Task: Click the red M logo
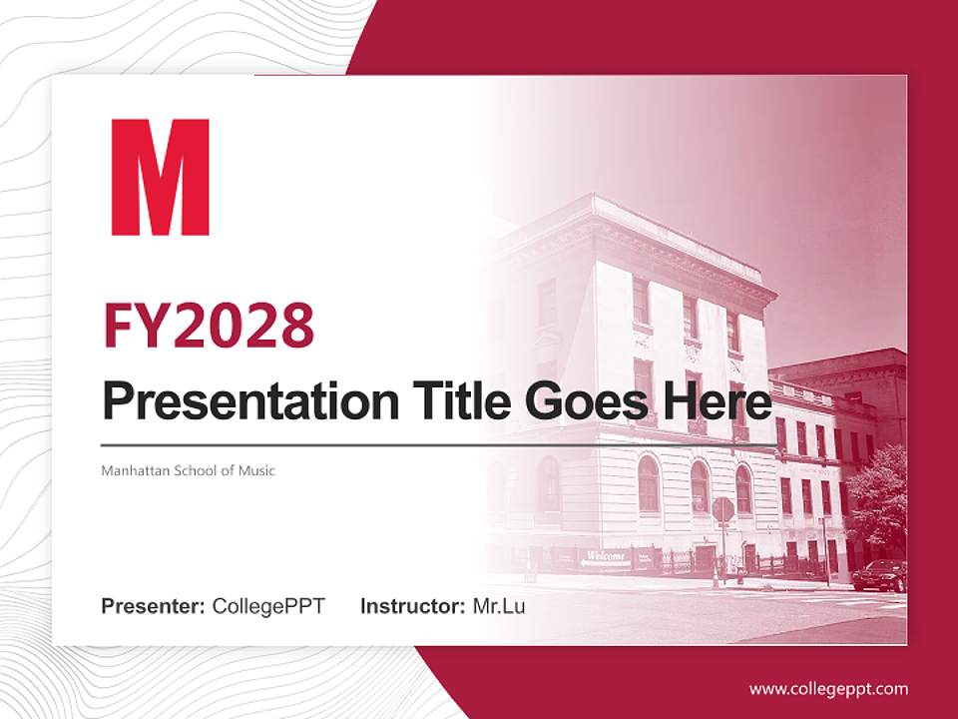tap(160, 177)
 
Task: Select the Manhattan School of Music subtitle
tap(188, 470)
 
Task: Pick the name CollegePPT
tap(268, 606)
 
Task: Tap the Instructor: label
tap(412, 606)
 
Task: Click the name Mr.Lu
tap(498, 606)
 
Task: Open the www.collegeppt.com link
tap(828, 688)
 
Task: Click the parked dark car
tap(879, 575)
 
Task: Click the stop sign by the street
tap(722, 509)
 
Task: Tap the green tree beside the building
tap(878, 494)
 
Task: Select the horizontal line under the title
tap(439, 444)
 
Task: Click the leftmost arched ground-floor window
tap(549, 483)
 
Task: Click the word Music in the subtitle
tap(255, 470)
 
